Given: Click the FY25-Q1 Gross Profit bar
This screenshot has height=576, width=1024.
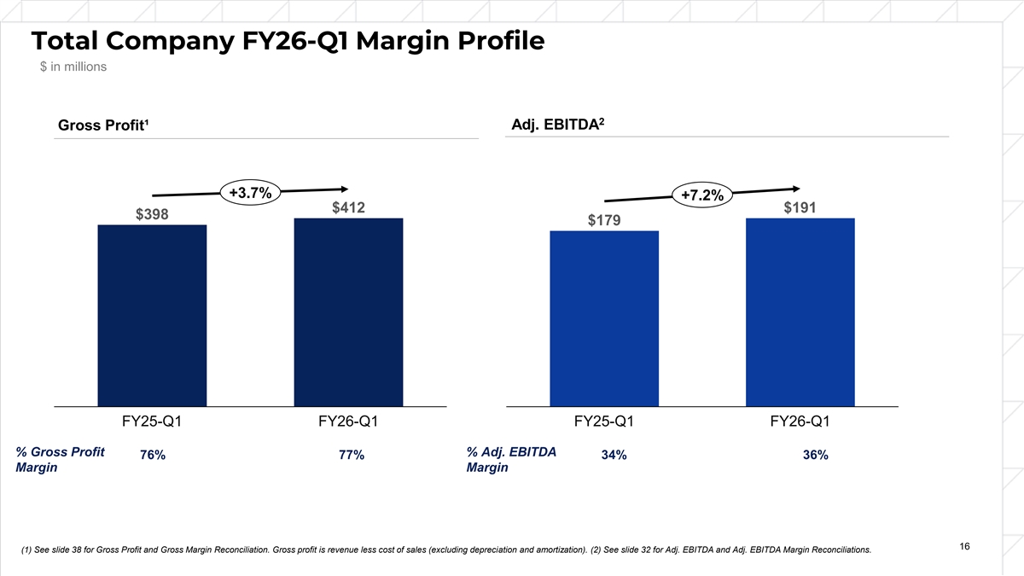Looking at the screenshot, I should tap(153, 316).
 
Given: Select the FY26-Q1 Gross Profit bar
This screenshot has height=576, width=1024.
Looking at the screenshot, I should tap(348, 312).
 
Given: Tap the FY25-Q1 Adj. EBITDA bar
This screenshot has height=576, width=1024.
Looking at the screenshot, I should tap(604, 318).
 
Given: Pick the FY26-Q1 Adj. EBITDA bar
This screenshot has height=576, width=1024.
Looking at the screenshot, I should tap(800, 312).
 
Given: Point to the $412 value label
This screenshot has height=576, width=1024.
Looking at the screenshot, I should tap(348, 207).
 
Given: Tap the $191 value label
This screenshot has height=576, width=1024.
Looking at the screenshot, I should tap(800, 207).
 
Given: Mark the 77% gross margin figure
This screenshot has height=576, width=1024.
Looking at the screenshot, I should tap(352, 456).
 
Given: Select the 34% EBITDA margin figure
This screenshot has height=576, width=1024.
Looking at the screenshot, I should tap(614, 456).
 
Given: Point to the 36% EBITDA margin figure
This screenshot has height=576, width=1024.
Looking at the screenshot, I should tap(815, 456).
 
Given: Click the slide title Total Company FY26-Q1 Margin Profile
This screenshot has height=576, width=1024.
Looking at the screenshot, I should tap(287, 40).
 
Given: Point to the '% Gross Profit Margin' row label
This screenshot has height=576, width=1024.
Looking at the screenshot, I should tap(61, 461).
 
